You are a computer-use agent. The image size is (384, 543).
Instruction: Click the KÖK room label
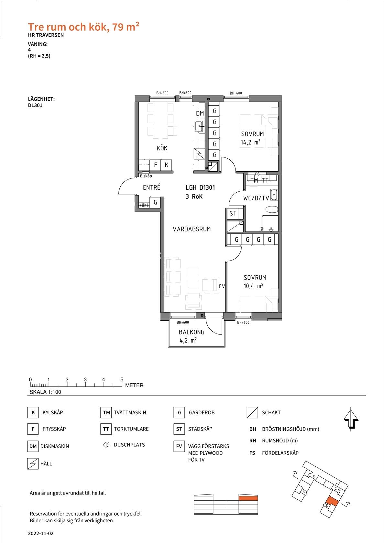pyautogui.click(x=162, y=148)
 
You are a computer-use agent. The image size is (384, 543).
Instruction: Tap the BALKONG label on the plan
pyautogui.click(x=192, y=332)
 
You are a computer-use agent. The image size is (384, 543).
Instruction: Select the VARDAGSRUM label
pyautogui.click(x=192, y=229)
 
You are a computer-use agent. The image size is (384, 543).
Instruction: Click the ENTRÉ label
pyautogui.click(x=151, y=187)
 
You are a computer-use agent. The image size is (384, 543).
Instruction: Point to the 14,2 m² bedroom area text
pyautogui.click(x=250, y=142)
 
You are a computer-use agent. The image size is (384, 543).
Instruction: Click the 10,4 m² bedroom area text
pyautogui.click(x=253, y=286)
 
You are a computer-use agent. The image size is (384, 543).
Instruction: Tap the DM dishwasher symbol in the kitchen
pyautogui.click(x=200, y=113)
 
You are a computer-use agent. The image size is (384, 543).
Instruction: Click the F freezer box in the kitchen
pyautogui.click(x=156, y=165)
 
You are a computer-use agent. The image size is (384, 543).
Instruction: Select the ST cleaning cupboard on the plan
pyautogui.click(x=233, y=213)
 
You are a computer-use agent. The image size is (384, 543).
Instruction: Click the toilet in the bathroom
pyautogui.click(x=272, y=209)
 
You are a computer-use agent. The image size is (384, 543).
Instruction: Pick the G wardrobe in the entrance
pyautogui.click(x=155, y=202)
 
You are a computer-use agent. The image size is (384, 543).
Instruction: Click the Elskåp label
pyautogui.click(x=146, y=176)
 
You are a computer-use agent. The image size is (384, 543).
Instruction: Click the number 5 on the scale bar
pyautogui.click(x=122, y=379)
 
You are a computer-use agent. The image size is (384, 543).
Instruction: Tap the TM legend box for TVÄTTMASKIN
pyautogui.click(x=106, y=412)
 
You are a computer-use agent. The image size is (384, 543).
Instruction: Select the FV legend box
pyautogui.click(x=179, y=446)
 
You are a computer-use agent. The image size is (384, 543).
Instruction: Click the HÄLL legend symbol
pyautogui.click(x=33, y=464)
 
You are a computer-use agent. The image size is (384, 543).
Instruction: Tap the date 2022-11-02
pyautogui.click(x=41, y=533)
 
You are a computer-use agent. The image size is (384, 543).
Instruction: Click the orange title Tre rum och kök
pyautogui.click(x=67, y=27)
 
